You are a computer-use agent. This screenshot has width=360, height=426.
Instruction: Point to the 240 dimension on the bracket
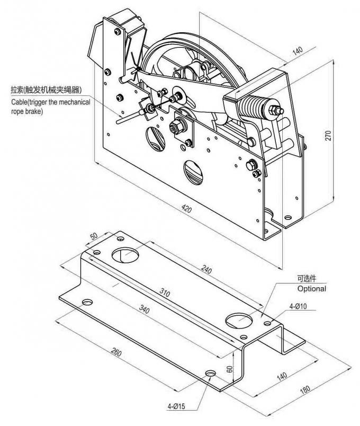[x=208, y=270]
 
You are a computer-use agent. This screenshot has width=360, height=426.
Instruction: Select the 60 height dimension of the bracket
[x=230, y=369]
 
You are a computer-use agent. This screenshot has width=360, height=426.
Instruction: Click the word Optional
[x=311, y=289]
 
